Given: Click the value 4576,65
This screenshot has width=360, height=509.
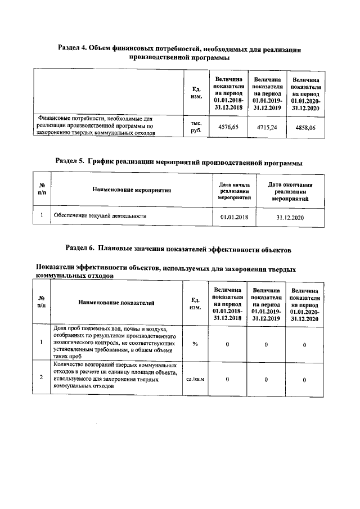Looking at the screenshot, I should click(228, 128).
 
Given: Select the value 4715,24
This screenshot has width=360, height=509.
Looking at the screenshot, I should click(267, 128).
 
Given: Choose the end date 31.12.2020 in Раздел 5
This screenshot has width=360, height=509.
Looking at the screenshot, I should click(290, 217).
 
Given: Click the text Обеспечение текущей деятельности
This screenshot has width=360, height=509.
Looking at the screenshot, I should click(100, 215).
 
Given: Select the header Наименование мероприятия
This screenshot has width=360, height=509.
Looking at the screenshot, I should click(132, 190).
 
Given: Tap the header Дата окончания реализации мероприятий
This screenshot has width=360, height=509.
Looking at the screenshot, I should click(290, 191).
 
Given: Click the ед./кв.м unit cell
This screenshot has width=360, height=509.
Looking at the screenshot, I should click(195, 380).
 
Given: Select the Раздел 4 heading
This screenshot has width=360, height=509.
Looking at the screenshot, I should click(180, 53).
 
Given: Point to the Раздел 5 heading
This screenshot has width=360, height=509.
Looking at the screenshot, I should click(179, 163).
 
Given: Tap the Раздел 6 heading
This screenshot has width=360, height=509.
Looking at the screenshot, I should click(178, 247).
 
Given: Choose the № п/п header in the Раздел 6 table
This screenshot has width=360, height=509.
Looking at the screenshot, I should click(42, 302).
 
